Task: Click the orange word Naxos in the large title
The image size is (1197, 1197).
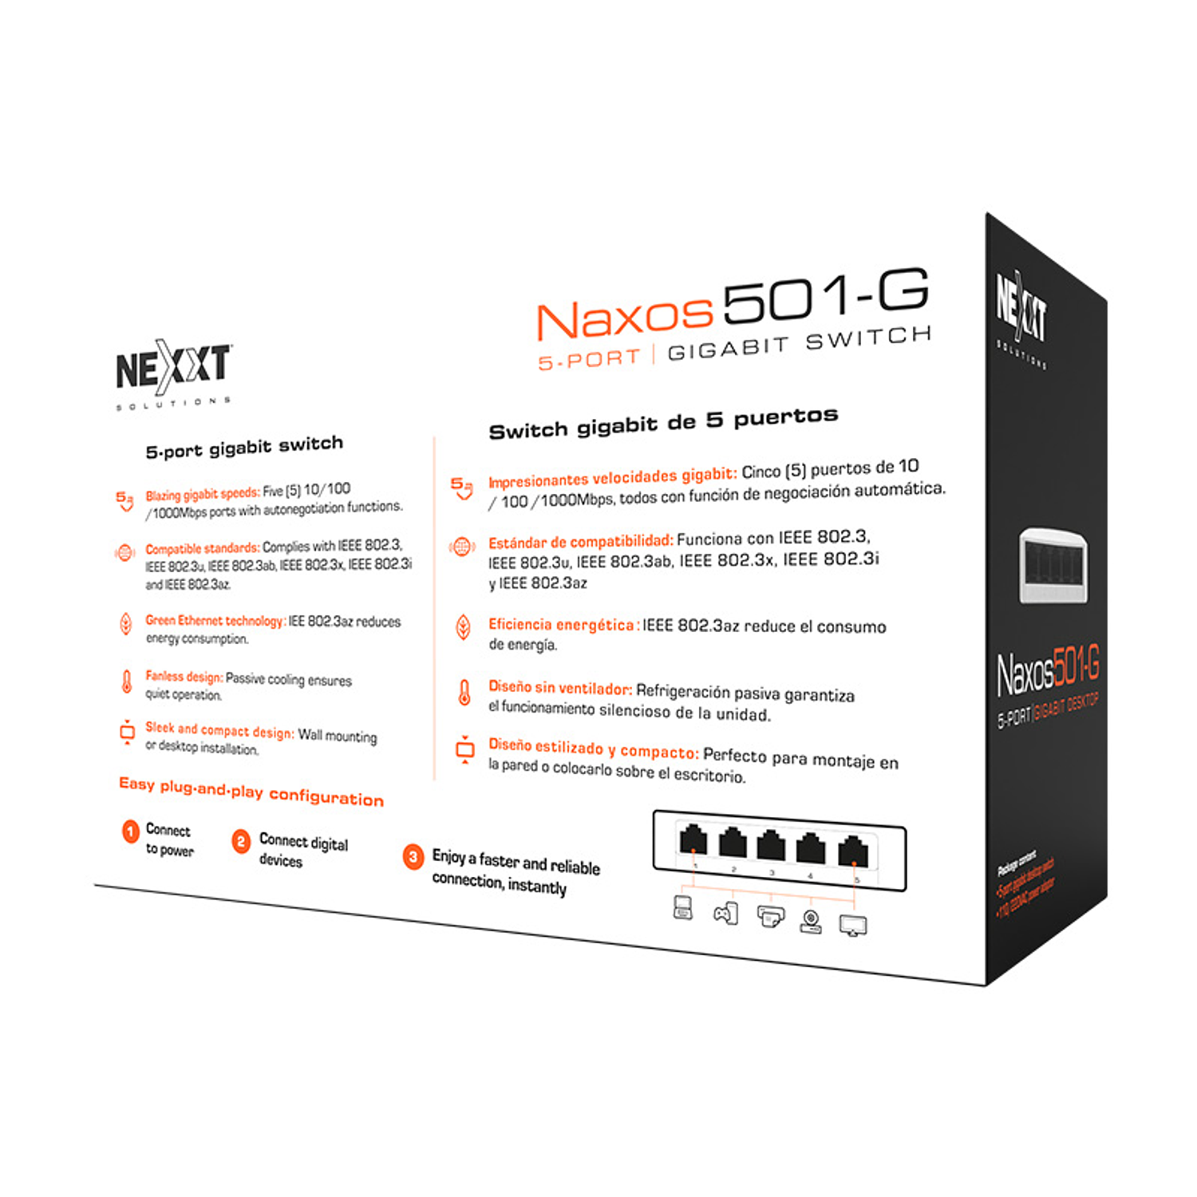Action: [x=624, y=319]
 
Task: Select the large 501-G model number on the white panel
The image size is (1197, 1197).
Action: [x=826, y=295]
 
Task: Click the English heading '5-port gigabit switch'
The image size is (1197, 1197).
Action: [x=244, y=447]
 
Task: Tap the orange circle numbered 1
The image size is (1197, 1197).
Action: [x=131, y=832]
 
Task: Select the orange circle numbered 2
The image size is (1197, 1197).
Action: [x=240, y=841]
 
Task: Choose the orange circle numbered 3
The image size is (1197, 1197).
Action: [x=413, y=857]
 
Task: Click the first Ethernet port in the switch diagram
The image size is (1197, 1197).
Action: [x=693, y=840]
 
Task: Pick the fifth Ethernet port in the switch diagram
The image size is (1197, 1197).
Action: [x=853, y=851]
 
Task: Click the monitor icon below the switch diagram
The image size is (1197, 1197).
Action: [x=853, y=926]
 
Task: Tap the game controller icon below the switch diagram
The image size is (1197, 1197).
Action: [x=726, y=913]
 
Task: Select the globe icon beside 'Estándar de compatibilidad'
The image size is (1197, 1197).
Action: [x=462, y=547]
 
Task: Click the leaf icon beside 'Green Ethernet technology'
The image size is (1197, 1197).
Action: [x=126, y=623]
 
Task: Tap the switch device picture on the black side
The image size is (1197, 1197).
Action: [x=1053, y=565]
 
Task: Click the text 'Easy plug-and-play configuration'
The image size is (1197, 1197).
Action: [x=251, y=791]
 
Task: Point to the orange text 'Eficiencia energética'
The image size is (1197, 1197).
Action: [x=561, y=625]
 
